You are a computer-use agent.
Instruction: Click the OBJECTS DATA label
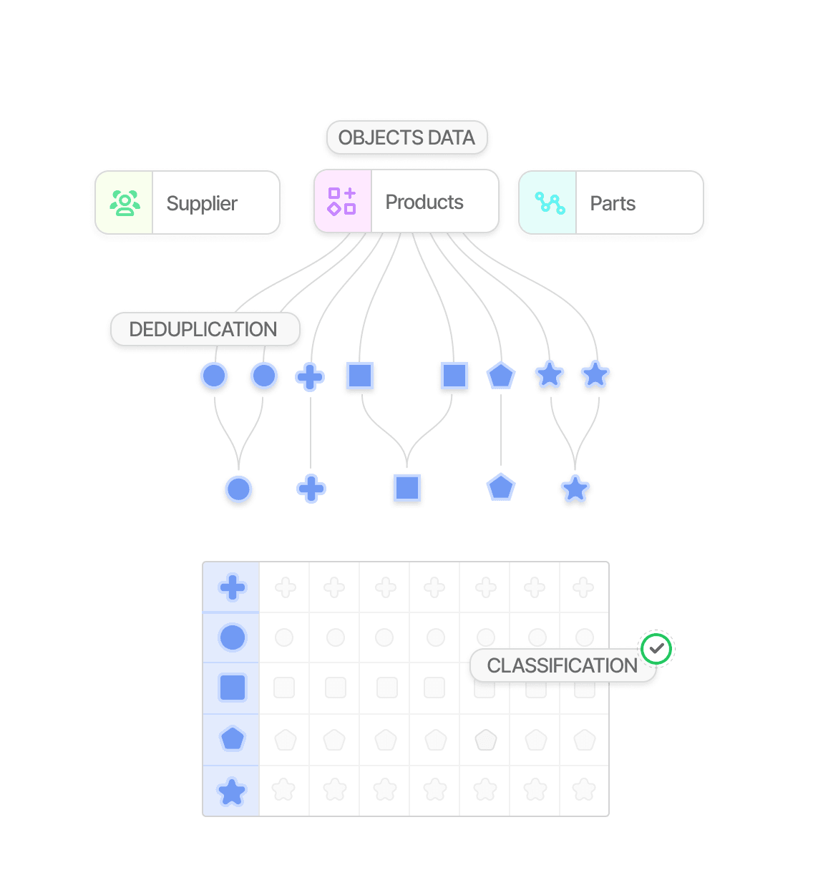(406, 137)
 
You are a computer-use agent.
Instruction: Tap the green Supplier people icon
(125, 203)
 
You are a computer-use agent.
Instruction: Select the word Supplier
(202, 204)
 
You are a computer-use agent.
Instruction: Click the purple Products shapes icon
(342, 202)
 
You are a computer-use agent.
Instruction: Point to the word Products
(424, 202)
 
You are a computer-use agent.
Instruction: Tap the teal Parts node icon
(550, 203)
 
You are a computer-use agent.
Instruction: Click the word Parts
(613, 204)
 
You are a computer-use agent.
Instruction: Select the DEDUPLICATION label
(203, 329)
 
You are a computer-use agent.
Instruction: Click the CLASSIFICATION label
(562, 665)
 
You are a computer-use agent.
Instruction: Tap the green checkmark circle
(656, 649)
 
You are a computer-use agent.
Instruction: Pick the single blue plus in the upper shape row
(310, 376)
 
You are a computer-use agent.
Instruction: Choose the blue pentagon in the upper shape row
(501, 376)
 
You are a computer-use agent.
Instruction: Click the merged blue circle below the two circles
(238, 489)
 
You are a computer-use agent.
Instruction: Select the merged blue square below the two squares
(407, 488)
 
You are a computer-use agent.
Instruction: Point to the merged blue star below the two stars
(575, 489)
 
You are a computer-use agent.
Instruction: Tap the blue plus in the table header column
(233, 588)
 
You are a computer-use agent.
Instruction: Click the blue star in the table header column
(232, 792)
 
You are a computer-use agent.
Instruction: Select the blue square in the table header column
(233, 688)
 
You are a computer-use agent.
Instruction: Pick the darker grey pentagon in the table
(486, 740)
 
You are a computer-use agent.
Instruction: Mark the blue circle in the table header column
(233, 637)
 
